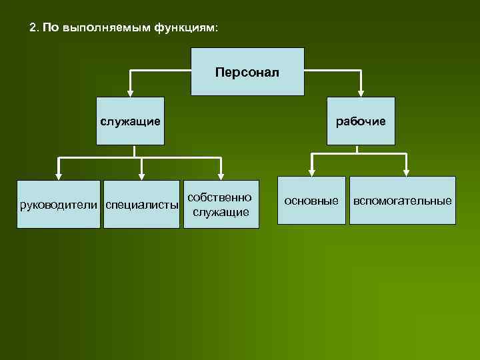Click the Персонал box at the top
point(247,71)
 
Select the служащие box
point(130,121)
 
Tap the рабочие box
point(361,121)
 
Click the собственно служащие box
point(221,204)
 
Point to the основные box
point(311,200)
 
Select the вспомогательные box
point(403,200)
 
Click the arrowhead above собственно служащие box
point(221,175)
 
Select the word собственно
point(220,197)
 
